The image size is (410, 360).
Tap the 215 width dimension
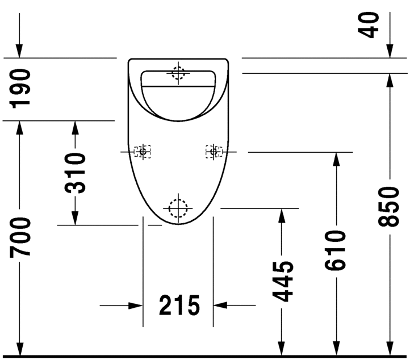(x=179, y=305)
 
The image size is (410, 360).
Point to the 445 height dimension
(x=282, y=281)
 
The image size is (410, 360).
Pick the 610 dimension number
(x=336, y=250)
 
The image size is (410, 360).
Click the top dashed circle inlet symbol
(x=179, y=73)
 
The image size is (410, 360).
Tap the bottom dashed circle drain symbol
(x=178, y=209)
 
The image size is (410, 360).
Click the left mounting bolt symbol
(x=143, y=152)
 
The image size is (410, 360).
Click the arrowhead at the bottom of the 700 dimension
(x=20, y=350)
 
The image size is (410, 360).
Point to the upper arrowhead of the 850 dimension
(x=390, y=80)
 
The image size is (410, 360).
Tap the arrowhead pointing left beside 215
(x=220, y=305)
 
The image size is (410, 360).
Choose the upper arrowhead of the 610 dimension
(x=336, y=160)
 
